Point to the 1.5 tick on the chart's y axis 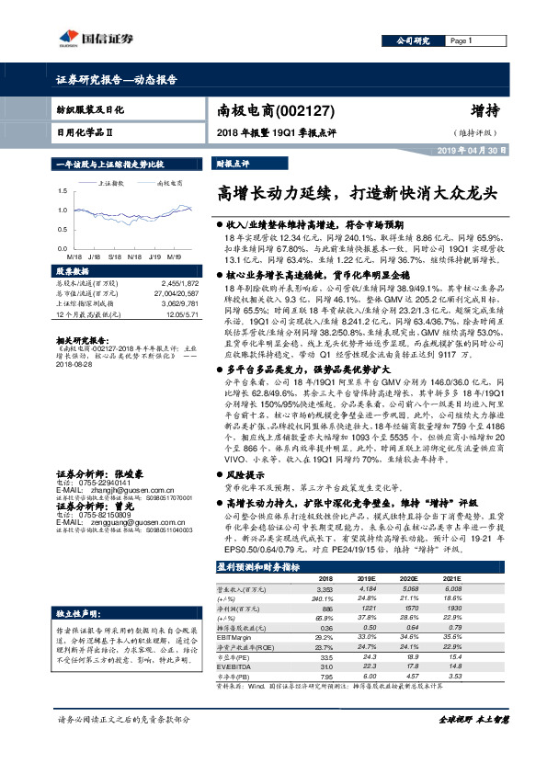point(63,191)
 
